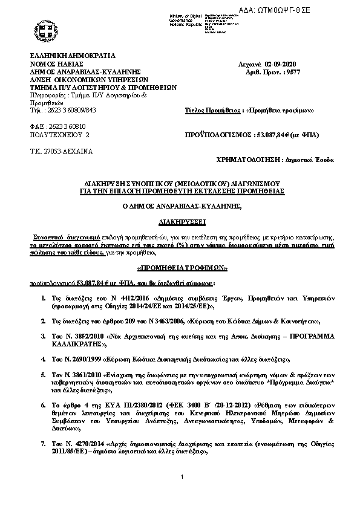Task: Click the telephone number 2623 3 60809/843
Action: coord(70,111)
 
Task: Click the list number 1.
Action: coord(44,299)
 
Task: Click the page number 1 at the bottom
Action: coord(182,494)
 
